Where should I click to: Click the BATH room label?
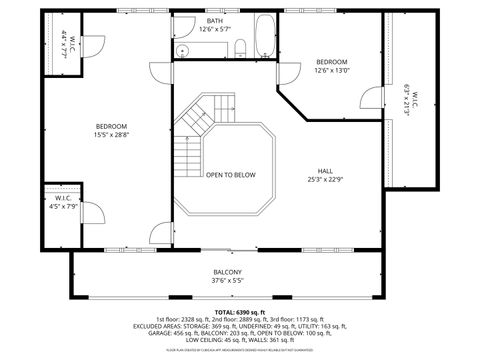pyautogui.click(x=215, y=21)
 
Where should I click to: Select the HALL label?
pyautogui.click(x=326, y=171)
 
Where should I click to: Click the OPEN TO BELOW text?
pyautogui.click(x=231, y=174)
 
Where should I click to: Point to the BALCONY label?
pyautogui.click(x=227, y=272)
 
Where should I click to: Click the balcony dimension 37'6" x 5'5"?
pyautogui.click(x=227, y=281)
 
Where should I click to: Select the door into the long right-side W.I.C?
pyautogui.click(x=374, y=99)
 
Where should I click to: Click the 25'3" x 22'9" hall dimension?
pyautogui.click(x=326, y=180)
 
